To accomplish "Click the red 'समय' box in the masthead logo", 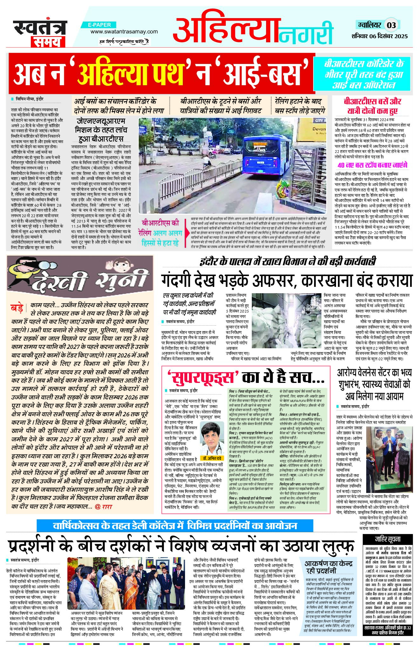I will (x=48, y=41).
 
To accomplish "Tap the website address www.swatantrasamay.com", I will (x=124, y=31).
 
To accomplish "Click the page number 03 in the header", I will (x=391, y=25).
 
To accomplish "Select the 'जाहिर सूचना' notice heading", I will (x=387, y=539).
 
